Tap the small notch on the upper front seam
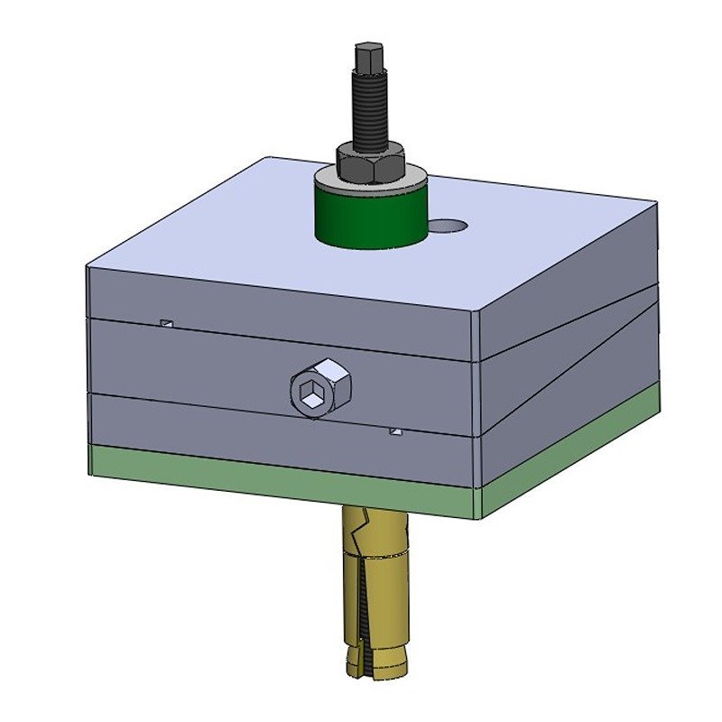pyautogui.click(x=165, y=322)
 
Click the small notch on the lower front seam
pyautogui.click(x=394, y=432)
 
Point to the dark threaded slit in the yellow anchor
pyautogui.click(x=364, y=614)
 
